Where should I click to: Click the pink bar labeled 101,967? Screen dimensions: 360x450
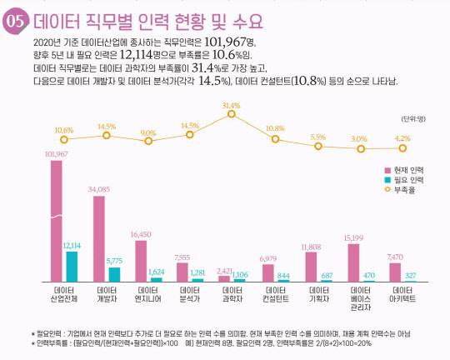pyautogui.click(x=57, y=221)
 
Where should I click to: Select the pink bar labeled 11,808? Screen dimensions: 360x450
pyautogui.click(x=311, y=267)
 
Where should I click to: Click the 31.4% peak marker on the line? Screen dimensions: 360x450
pyautogui.click(x=231, y=115)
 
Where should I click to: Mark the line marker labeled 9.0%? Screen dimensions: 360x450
pyautogui.click(x=148, y=142)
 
